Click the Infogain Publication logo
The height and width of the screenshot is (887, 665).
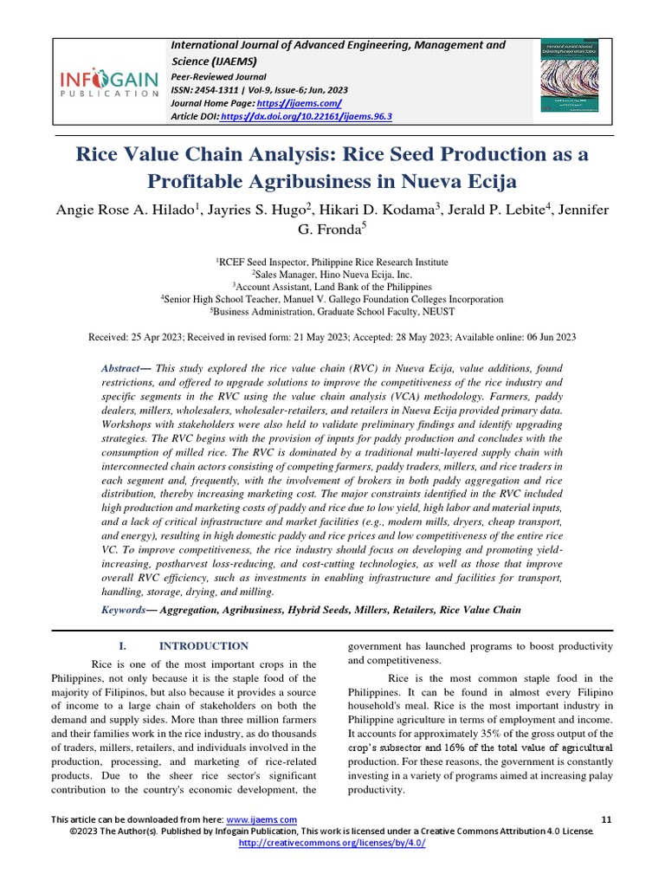click(x=108, y=85)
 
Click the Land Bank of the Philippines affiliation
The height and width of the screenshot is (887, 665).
click(x=370, y=286)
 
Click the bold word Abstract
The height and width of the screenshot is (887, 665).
click(x=121, y=368)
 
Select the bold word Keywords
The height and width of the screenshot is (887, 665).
click(x=123, y=609)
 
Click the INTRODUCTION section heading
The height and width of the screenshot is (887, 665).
click(x=203, y=646)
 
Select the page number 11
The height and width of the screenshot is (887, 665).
click(x=605, y=819)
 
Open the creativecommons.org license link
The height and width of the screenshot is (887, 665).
click(x=332, y=843)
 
